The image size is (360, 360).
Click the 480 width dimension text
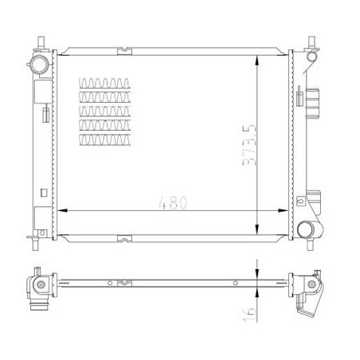pyautogui.click(x=173, y=202)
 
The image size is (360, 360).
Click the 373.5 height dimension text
pyautogui.click(x=249, y=145)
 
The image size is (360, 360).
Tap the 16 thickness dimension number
pyautogui.click(x=249, y=315)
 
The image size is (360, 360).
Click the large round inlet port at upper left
pyautogui.click(x=39, y=65)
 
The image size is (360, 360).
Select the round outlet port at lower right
pyautogui.click(x=305, y=229)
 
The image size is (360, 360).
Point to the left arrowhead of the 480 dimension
pyautogui.click(x=61, y=210)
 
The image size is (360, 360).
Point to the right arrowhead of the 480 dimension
pyautogui.click(x=283, y=210)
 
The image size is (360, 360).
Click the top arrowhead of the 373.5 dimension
pyautogui.click(x=256, y=61)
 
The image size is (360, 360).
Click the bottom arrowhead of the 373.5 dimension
pyautogui.click(x=256, y=229)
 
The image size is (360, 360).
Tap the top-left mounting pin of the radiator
pyautogui.click(x=41, y=42)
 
